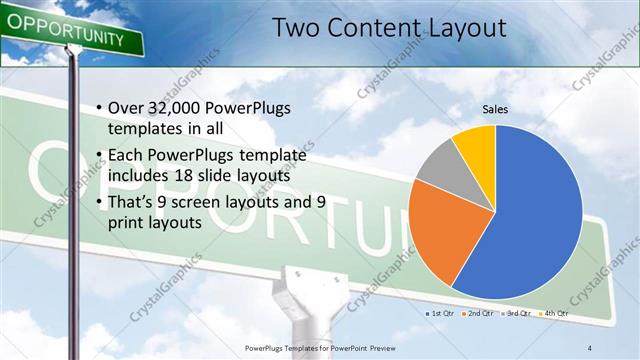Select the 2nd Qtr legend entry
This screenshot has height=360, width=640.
coord(480,314)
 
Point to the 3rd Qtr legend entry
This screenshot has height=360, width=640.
coord(516,314)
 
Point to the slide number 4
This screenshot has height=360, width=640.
coord(590,346)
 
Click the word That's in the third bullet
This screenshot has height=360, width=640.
coord(133,202)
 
